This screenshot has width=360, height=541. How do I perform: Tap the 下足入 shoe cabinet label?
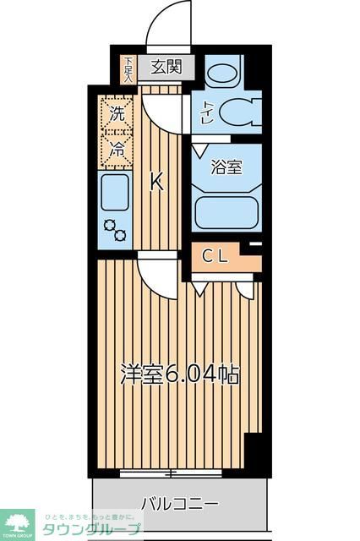[128, 68]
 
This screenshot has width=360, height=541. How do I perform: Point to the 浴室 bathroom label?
[226, 167]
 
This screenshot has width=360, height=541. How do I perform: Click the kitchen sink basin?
[114, 192]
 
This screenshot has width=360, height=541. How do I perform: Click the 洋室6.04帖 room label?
[179, 373]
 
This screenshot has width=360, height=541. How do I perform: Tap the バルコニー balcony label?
[179, 504]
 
